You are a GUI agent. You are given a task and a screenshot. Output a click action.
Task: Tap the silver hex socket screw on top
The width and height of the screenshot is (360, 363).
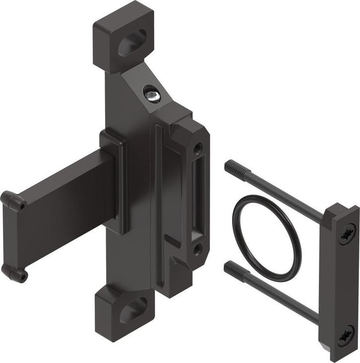coord(152,93)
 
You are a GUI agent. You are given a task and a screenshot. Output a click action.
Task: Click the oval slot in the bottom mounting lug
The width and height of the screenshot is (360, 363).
coord(133,310)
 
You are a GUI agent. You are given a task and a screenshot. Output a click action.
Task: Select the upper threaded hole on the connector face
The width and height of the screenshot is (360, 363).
coord(197,147)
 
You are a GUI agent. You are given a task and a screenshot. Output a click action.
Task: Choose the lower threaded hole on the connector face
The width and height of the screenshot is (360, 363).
coord(197,248)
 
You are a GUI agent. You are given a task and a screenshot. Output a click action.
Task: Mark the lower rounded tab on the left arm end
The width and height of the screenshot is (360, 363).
coord(14,272)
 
